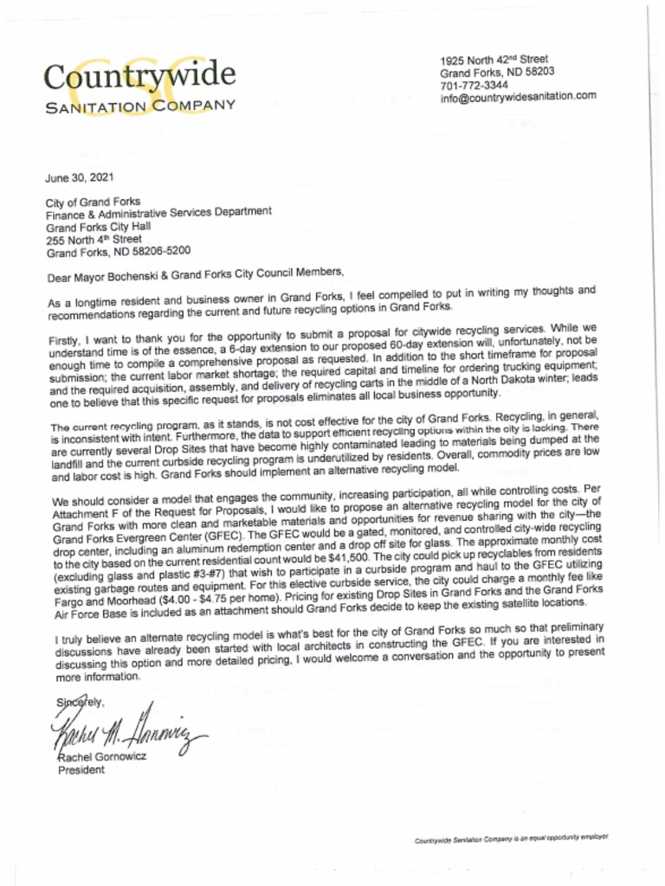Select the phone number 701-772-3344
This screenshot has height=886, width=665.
pos(474,85)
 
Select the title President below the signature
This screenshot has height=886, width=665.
pos(81,770)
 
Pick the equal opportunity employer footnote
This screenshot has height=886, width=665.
pos(512,840)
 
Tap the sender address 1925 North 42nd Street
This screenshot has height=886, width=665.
pos(494,61)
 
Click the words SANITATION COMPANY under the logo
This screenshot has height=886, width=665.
pos(140,106)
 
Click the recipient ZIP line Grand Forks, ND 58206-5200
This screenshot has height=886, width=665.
pos(118,252)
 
